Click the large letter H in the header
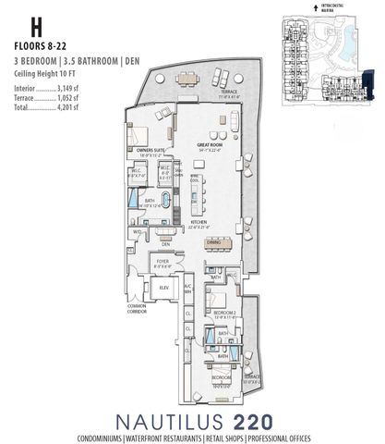(x=22, y=25)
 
